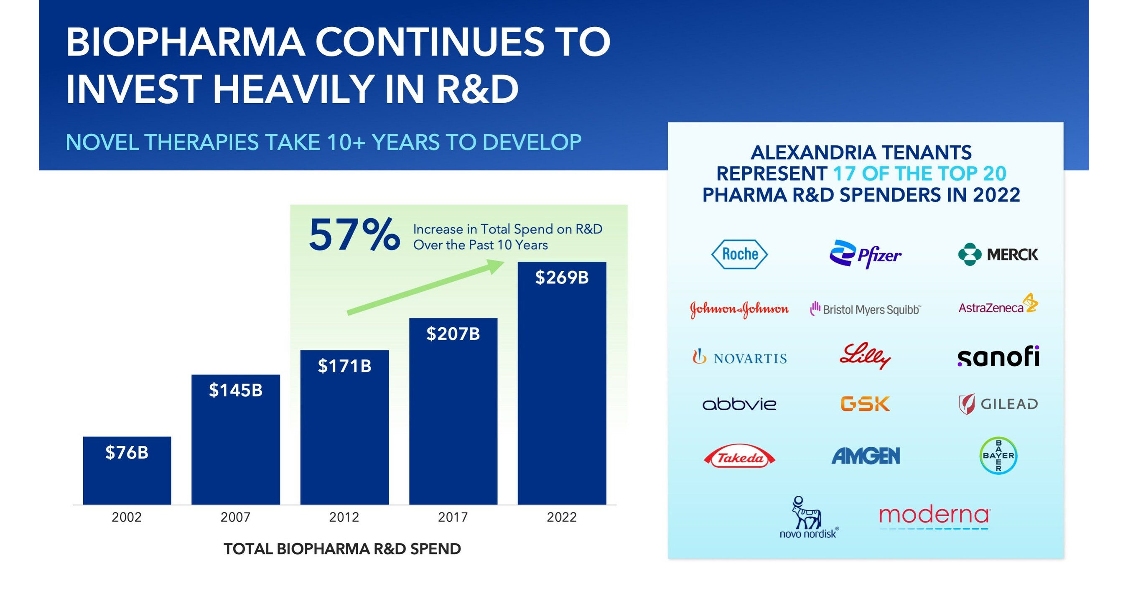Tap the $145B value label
point(236,390)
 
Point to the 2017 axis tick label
point(453,517)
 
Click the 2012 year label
point(344,517)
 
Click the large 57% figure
point(354,236)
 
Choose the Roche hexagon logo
point(740,254)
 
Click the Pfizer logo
point(865,254)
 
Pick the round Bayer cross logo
point(998,456)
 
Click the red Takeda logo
point(740,458)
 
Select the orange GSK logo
point(865,404)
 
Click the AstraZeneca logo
point(998,305)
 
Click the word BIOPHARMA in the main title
point(185,43)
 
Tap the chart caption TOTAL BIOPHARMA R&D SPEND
point(342,548)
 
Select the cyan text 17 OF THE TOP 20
point(919,174)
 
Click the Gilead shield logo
point(967,404)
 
